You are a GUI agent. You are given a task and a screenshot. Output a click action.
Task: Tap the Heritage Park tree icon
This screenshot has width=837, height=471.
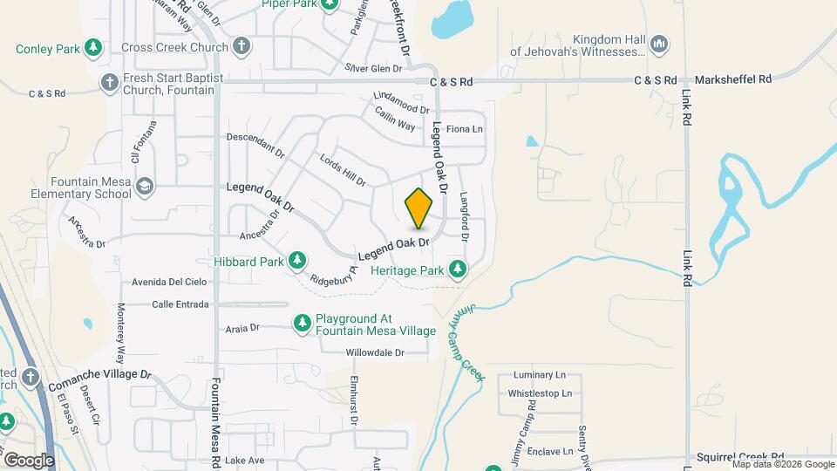(x=457, y=267)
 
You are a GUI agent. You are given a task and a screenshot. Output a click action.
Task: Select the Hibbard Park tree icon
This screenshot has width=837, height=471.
(x=298, y=260)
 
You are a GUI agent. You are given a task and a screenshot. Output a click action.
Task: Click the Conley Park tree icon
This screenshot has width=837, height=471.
(x=93, y=48)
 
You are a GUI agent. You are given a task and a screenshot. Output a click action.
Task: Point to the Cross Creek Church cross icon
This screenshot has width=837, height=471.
(x=242, y=46)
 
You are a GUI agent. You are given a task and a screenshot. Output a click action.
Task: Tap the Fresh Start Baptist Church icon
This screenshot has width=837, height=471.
(x=109, y=83)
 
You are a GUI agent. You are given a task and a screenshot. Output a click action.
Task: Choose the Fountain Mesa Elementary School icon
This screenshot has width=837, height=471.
(x=144, y=186)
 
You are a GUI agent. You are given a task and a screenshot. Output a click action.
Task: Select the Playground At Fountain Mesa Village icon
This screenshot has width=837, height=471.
(x=303, y=324)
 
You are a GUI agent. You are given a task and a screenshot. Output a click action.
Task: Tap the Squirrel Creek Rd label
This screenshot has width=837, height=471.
(x=740, y=457)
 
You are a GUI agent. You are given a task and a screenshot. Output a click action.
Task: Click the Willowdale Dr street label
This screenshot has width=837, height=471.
(x=375, y=353)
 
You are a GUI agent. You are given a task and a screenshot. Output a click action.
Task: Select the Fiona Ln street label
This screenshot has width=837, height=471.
(x=464, y=129)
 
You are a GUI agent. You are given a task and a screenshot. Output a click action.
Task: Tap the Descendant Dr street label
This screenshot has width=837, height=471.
(x=255, y=143)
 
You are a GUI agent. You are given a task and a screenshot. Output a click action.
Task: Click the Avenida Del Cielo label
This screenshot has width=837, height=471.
(x=169, y=282)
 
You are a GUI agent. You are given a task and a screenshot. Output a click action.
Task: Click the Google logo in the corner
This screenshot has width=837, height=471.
(x=29, y=460)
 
